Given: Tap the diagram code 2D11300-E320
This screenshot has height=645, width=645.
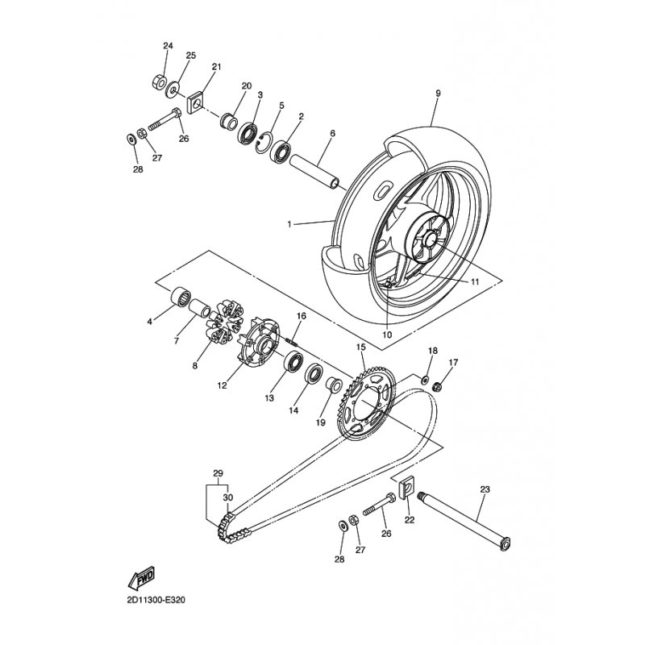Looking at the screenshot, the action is [156, 600].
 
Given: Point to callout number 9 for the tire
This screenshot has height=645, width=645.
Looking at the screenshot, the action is [438, 94].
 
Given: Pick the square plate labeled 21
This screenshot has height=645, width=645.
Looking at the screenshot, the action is [196, 102].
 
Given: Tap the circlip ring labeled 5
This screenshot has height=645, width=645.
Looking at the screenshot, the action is [263, 144].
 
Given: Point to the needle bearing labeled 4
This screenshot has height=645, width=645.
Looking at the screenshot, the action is [181, 296].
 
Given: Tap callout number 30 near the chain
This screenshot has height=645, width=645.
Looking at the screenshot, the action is [228, 497].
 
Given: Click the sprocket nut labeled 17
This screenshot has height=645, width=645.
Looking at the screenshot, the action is [438, 387].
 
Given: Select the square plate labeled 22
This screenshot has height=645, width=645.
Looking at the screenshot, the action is [406, 487].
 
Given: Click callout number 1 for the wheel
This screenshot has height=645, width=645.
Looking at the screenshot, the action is [289, 224].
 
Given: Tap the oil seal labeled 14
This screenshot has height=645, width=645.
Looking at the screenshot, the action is [314, 372].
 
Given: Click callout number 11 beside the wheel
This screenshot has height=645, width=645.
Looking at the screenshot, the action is [475, 282].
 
